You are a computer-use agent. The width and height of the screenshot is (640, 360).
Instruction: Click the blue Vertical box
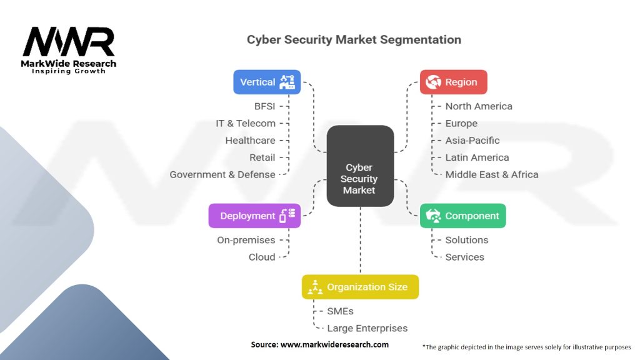coord(267,82)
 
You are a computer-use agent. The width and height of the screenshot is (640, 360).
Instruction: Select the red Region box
coord(454,82)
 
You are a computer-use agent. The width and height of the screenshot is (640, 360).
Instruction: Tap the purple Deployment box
coord(255,216)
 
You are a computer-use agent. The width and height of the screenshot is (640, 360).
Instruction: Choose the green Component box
coord(463,216)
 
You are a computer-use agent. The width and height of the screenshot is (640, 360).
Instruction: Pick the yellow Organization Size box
coord(361,287)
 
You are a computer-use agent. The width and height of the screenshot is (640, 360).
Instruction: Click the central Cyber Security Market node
coord(360,166)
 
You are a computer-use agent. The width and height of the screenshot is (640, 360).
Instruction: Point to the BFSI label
coord(264,106)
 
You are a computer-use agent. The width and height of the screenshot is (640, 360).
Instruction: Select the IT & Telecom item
coord(245,123)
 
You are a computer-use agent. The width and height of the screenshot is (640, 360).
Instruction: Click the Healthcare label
coord(250,141)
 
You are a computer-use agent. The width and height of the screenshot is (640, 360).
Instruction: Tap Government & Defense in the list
coord(222,175)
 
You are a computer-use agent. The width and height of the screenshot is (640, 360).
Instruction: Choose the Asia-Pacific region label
coord(472,141)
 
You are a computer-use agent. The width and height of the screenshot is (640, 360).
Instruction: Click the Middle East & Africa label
coord(492,175)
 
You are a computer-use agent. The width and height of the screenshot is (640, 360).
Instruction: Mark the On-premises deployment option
coord(246,240)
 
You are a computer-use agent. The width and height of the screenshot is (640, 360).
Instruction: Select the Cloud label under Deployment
coord(262,257)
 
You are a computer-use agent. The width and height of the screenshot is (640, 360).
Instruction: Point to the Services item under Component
coord(464,257)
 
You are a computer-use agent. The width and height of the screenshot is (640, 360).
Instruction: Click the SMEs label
coord(340,311)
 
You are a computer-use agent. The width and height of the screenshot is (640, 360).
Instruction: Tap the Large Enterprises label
coord(367,328)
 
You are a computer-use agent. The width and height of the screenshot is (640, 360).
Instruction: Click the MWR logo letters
coord(69,42)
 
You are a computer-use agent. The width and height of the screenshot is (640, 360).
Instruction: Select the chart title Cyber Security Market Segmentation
coord(354,39)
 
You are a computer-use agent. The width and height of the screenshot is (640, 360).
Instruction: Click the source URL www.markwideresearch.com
coord(334,344)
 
